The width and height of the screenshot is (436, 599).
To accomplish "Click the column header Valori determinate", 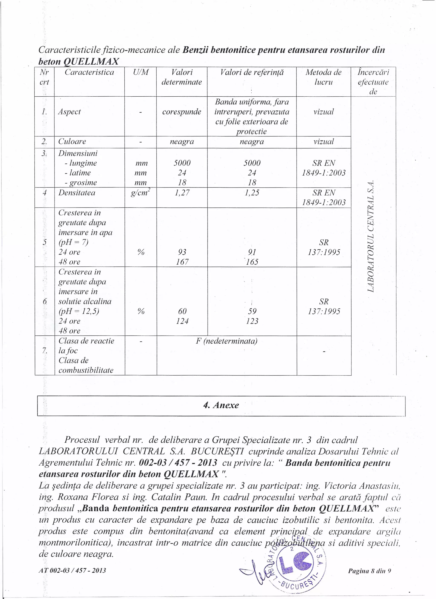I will coord(182,77).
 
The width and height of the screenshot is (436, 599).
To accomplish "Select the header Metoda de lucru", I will coord(323,77).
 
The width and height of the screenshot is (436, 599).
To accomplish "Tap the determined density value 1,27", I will coord(182,193).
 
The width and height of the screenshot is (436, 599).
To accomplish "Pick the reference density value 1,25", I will coord(252,193).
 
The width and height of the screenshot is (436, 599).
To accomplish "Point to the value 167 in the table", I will coord(182,262).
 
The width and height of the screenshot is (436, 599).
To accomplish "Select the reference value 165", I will coord(252,262).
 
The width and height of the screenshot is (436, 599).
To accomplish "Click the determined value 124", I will coord(182,321).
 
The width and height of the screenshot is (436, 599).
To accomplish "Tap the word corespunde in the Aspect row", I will coord(182,112).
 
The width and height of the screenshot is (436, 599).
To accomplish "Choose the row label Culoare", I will coord(72,141).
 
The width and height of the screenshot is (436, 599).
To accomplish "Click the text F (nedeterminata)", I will coord(227,341).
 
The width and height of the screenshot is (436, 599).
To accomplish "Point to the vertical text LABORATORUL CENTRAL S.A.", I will coord(371,236).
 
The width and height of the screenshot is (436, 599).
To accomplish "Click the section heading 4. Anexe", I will coord(221,405).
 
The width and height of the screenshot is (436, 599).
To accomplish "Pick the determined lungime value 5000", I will coord(182,163).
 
